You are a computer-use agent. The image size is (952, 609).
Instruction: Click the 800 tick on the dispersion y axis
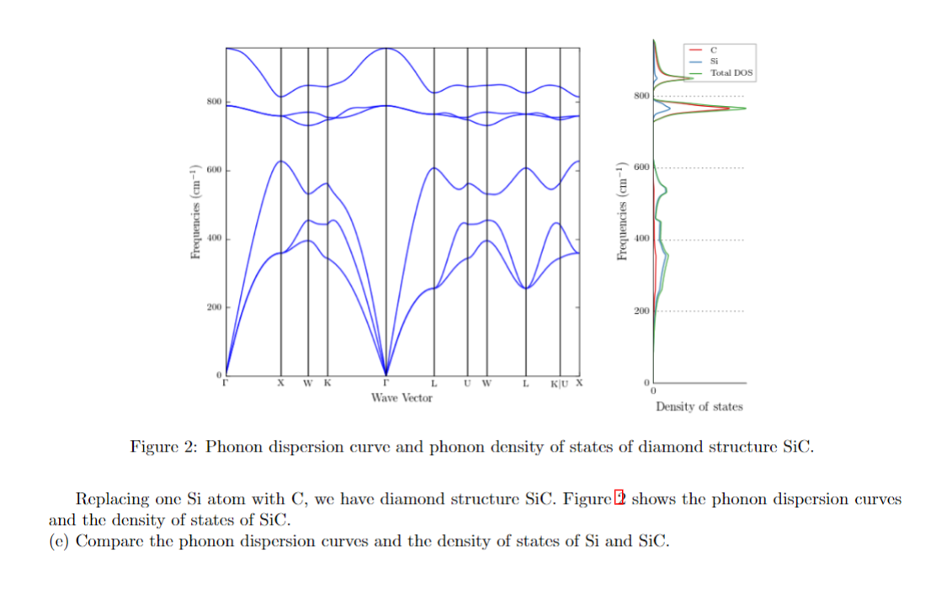213,103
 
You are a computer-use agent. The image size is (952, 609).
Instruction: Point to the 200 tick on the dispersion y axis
213,308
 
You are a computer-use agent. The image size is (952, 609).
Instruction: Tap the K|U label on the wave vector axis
559,384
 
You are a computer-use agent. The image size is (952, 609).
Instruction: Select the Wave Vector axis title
402,398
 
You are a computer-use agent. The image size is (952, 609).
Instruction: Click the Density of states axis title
699,407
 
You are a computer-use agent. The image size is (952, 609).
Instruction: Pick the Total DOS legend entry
731,73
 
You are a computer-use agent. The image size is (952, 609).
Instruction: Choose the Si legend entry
715,61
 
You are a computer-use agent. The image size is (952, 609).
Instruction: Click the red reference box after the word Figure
621,499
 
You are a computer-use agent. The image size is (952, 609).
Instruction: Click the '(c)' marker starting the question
59,541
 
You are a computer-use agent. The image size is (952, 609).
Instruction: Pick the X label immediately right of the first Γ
281,384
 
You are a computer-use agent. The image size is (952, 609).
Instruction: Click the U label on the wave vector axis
467,384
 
